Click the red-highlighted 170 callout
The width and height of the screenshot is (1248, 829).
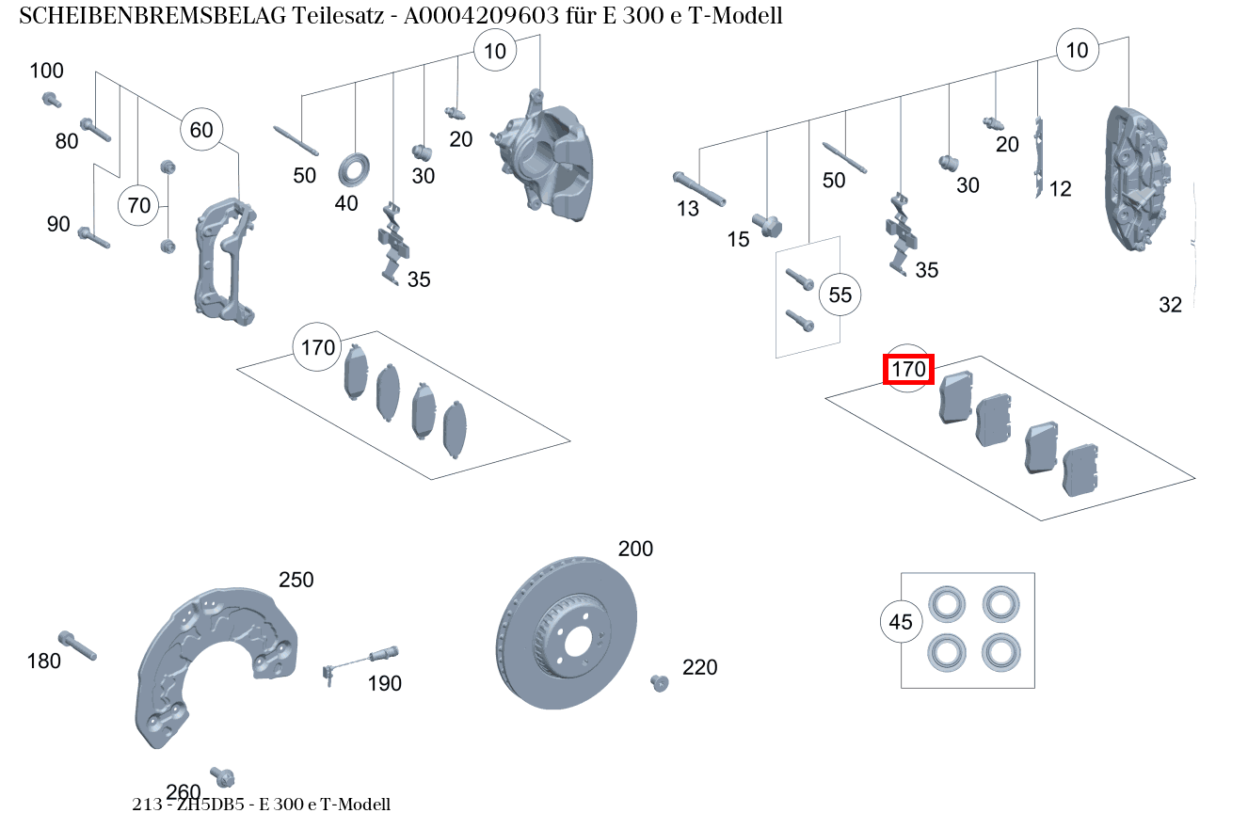tap(908, 370)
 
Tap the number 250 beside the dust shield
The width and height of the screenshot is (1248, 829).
tap(296, 580)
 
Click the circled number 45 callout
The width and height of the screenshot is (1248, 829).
tap(901, 622)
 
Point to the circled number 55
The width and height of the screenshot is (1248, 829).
tap(840, 295)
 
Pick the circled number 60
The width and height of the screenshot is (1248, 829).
tap(201, 130)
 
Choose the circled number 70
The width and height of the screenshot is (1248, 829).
tap(138, 205)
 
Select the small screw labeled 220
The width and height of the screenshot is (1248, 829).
tap(659, 682)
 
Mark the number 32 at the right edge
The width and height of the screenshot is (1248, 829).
tap(1170, 305)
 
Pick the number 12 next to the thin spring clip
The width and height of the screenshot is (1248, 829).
tap(1060, 189)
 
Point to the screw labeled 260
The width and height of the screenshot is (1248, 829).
tap(223, 777)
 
